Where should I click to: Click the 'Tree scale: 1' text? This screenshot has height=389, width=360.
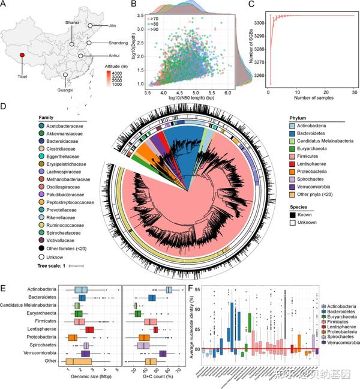[x=53, y=265]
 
